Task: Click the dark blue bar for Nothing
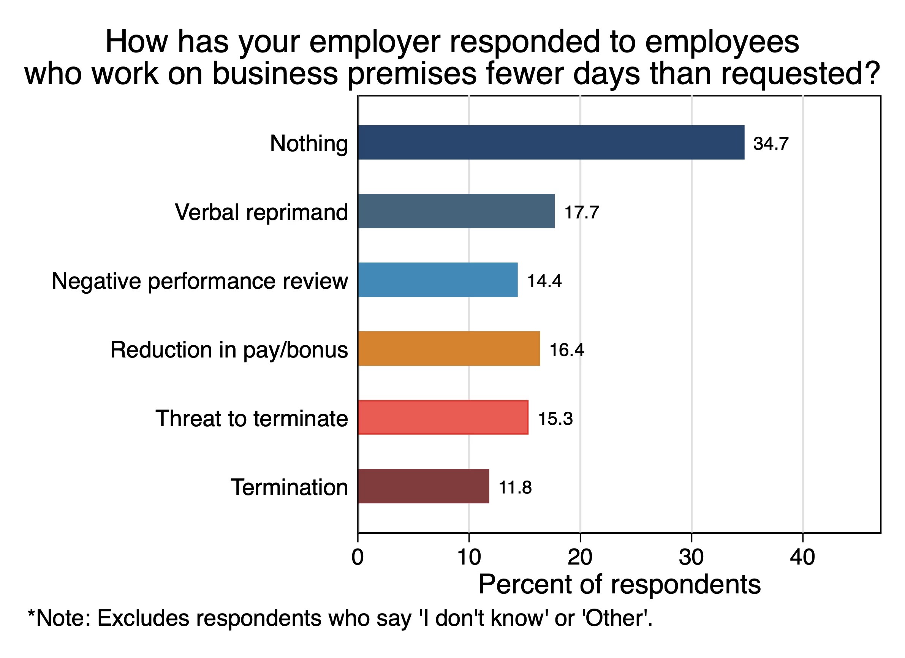551,142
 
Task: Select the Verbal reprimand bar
456,211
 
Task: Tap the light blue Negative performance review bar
438,280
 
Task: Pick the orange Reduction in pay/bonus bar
449,348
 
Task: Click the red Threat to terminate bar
443,418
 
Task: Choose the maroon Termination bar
423,486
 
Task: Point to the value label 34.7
771,144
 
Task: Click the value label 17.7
581,212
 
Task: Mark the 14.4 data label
544,281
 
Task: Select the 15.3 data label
555,419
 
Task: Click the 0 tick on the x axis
358,557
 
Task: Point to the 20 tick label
580,557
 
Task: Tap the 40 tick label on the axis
802,557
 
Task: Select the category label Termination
289,487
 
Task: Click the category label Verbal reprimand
261,212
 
